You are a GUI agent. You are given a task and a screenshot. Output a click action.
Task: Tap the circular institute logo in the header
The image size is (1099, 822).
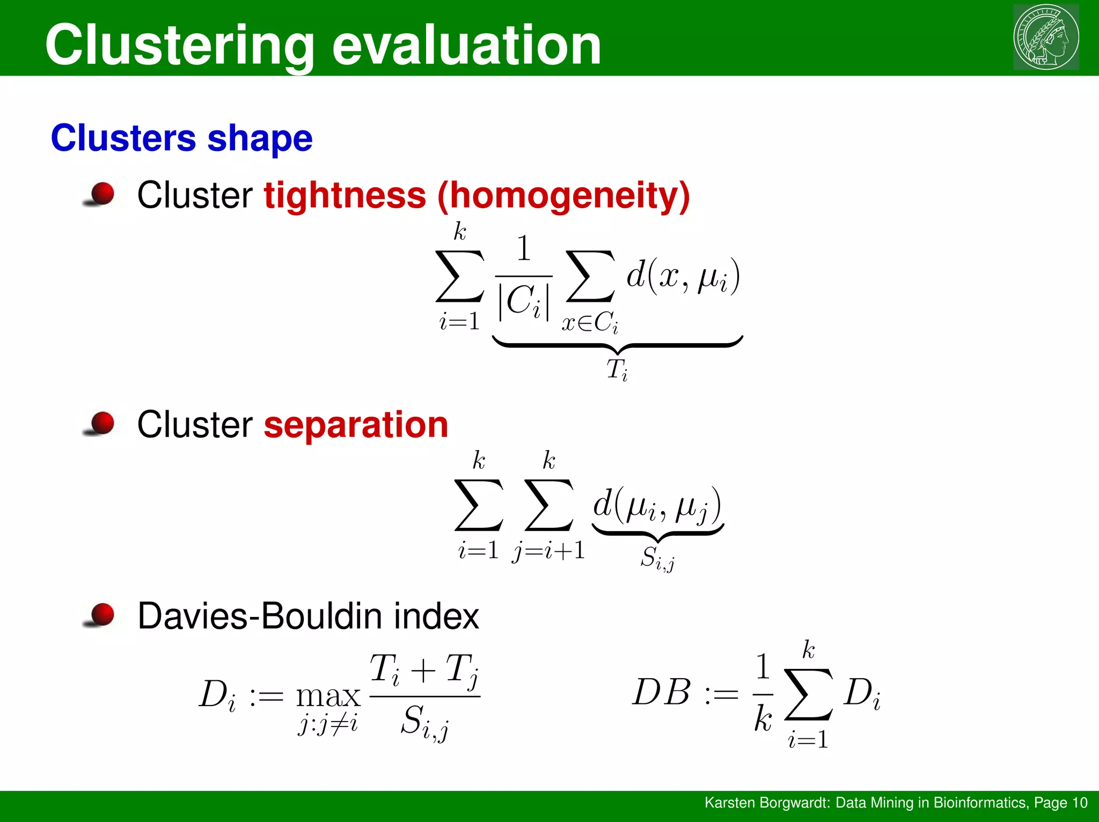[1046, 37]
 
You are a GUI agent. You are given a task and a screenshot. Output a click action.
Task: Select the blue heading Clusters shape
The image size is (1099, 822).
[181, 138]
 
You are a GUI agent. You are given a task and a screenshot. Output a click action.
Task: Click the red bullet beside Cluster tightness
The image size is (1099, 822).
[101, 194]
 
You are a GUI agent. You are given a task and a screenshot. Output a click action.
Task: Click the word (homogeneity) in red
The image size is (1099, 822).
[563, 196]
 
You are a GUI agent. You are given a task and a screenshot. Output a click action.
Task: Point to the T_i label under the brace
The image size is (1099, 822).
[617, 370]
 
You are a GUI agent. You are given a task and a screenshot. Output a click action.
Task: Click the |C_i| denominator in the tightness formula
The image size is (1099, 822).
[523, 302]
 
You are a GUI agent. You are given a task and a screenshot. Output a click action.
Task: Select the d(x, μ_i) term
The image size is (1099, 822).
[683, 277]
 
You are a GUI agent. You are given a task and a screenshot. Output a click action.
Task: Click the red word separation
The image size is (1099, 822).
[356, 425]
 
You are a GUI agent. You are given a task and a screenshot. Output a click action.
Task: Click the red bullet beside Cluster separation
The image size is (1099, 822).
[101, 423]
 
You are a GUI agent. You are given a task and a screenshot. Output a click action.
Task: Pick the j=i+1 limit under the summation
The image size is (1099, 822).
[548, 551]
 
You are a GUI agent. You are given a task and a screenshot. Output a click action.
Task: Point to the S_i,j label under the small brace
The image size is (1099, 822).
[657, 558]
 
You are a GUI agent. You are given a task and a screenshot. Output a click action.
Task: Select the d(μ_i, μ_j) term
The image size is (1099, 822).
[657, 506]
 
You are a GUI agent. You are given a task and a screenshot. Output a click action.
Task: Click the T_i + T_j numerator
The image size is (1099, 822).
[424, 670]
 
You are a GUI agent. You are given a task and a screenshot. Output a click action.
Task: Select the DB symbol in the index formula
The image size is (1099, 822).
[661, 692]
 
